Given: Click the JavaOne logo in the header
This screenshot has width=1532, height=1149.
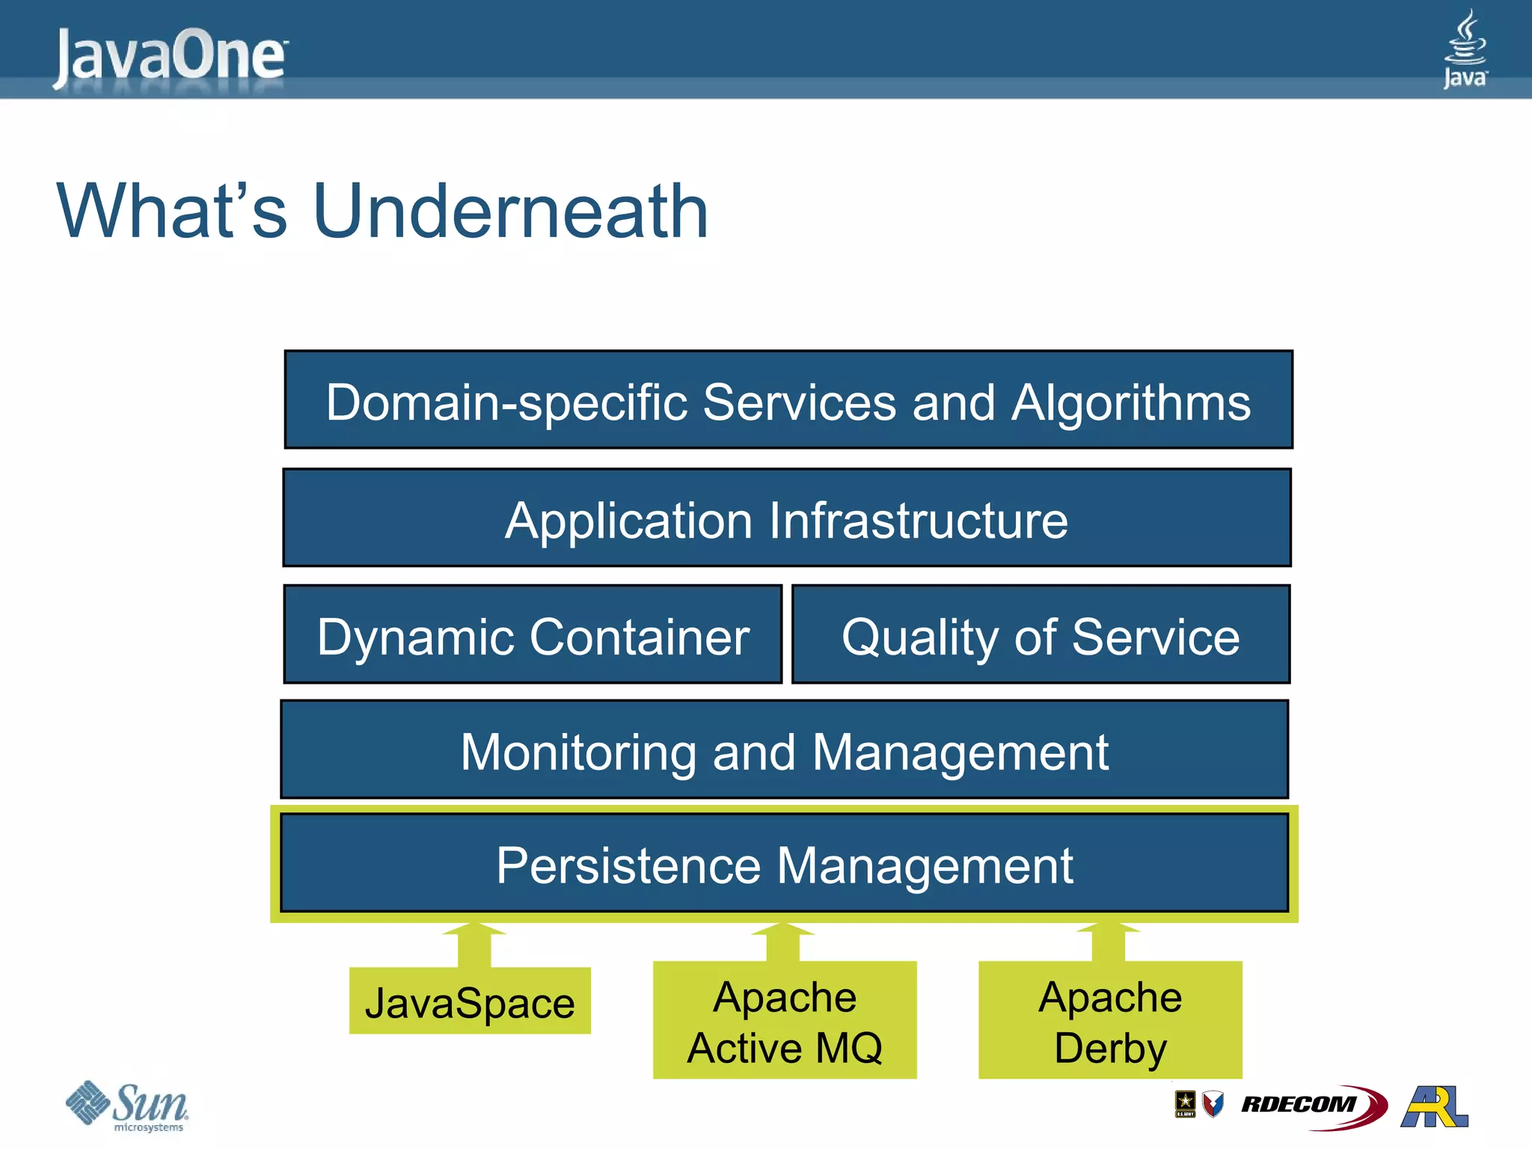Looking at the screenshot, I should pyautogui.click(x=171, y=55).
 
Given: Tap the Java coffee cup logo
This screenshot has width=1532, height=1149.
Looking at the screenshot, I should pyautogui.click(x=1465, y=48).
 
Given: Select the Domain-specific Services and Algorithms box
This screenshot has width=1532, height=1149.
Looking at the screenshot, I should pyautogui.click(x=788, y=400).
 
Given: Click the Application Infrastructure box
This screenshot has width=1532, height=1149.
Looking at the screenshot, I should pyautogui.click(x=787, y=518).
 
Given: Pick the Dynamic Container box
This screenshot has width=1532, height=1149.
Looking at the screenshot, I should pyautogui.click(x=533, y=635).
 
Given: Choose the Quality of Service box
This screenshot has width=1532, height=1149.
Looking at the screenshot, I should pyautogui.click(x=1041, y=635).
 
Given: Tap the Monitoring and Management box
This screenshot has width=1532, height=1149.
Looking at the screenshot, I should pyautogui.click(x=784, y=750).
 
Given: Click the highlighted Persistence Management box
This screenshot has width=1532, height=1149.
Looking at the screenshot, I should pyautogui.click(x=784, y=865).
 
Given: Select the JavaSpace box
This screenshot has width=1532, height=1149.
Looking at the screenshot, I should pyautogui.click(x=470, y=1002).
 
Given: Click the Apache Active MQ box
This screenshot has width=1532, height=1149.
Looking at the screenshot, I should pyautogui.click(x=784, y=1020).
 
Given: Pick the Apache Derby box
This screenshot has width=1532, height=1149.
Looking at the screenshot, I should pyautogui.click(x=1110, y=1020).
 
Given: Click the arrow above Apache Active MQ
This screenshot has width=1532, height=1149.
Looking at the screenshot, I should pyautogui.click(x=782, y=943).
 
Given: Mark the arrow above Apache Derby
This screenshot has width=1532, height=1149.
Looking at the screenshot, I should pyautogui.click(x=1108, y=943).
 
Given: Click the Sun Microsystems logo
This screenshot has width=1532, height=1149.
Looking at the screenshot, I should pyautogui.click(x=127, y=1106).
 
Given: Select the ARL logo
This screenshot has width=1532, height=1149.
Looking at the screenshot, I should pyautogui.click(x=1435, y=1106).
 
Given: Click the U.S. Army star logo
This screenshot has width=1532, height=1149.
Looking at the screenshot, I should pyautogui.click(x=1185, y=1103).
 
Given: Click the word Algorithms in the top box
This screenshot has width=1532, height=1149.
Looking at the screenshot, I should pyautogui.click(x=1131, y=402).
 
